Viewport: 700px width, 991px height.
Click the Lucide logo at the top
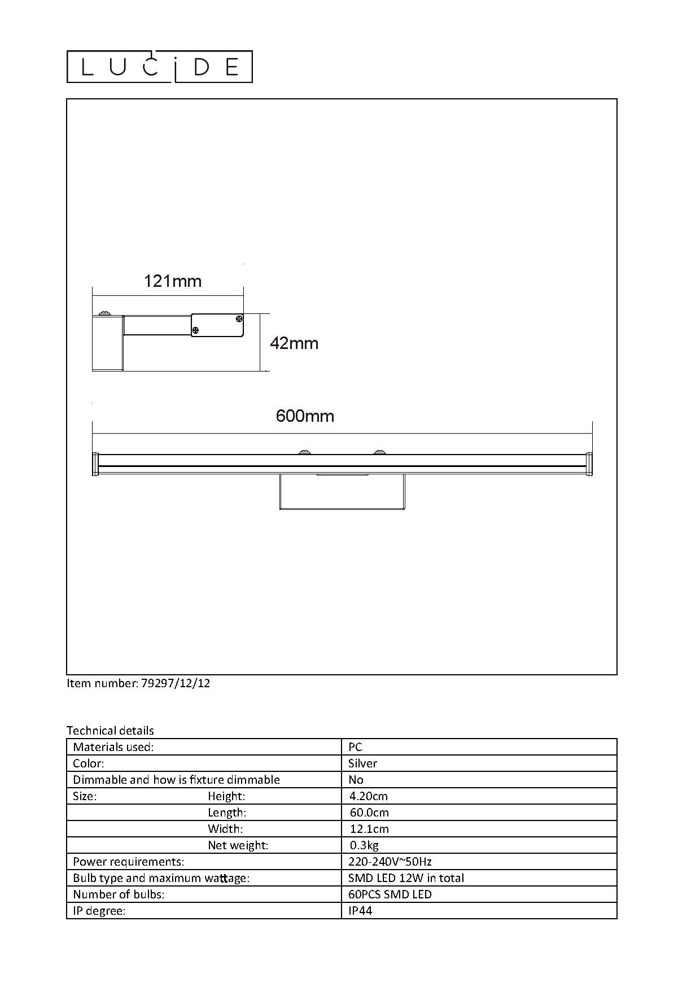point(160,67)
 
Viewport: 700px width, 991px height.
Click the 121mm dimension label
point(173,281)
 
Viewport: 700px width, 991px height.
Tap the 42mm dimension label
point(294,343)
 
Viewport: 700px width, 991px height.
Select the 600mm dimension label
point(305,416)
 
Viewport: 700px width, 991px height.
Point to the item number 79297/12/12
point(175,683)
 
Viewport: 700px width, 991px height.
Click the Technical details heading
point(110,731)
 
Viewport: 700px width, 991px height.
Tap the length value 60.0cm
point(369,813)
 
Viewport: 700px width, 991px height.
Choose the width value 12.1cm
point(369,829)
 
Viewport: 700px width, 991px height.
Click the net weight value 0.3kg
point(364,845)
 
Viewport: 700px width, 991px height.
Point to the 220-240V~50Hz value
point(390,862)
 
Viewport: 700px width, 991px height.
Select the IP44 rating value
point(360,911)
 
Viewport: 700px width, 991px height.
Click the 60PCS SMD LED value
point(390,894)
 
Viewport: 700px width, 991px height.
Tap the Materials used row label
point(113,747)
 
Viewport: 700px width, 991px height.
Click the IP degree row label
point(99,911)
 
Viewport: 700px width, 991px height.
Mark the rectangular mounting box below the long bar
point(342,492)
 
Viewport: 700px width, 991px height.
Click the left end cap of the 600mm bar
point(95,464)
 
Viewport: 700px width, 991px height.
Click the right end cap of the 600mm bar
point(589,464)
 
